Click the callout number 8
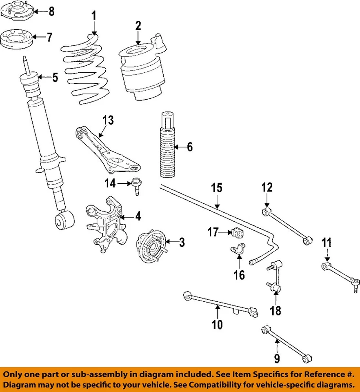(51, 11)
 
